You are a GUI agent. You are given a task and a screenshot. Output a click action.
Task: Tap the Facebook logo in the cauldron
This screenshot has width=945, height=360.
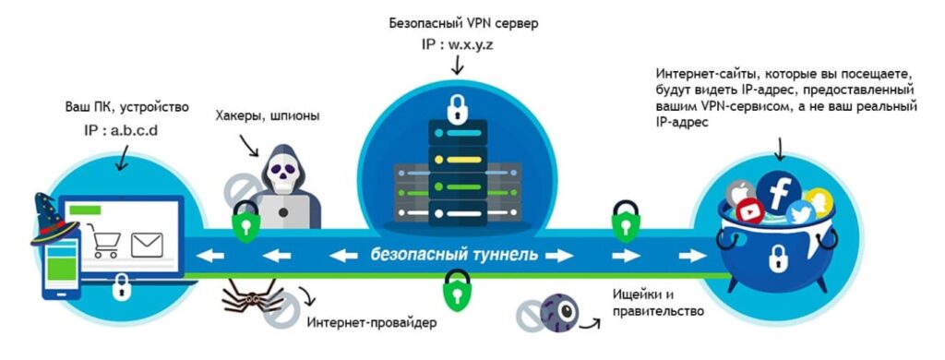pos(777,191)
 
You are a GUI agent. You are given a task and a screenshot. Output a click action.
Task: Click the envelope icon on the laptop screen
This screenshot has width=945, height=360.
pos(147,245)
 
